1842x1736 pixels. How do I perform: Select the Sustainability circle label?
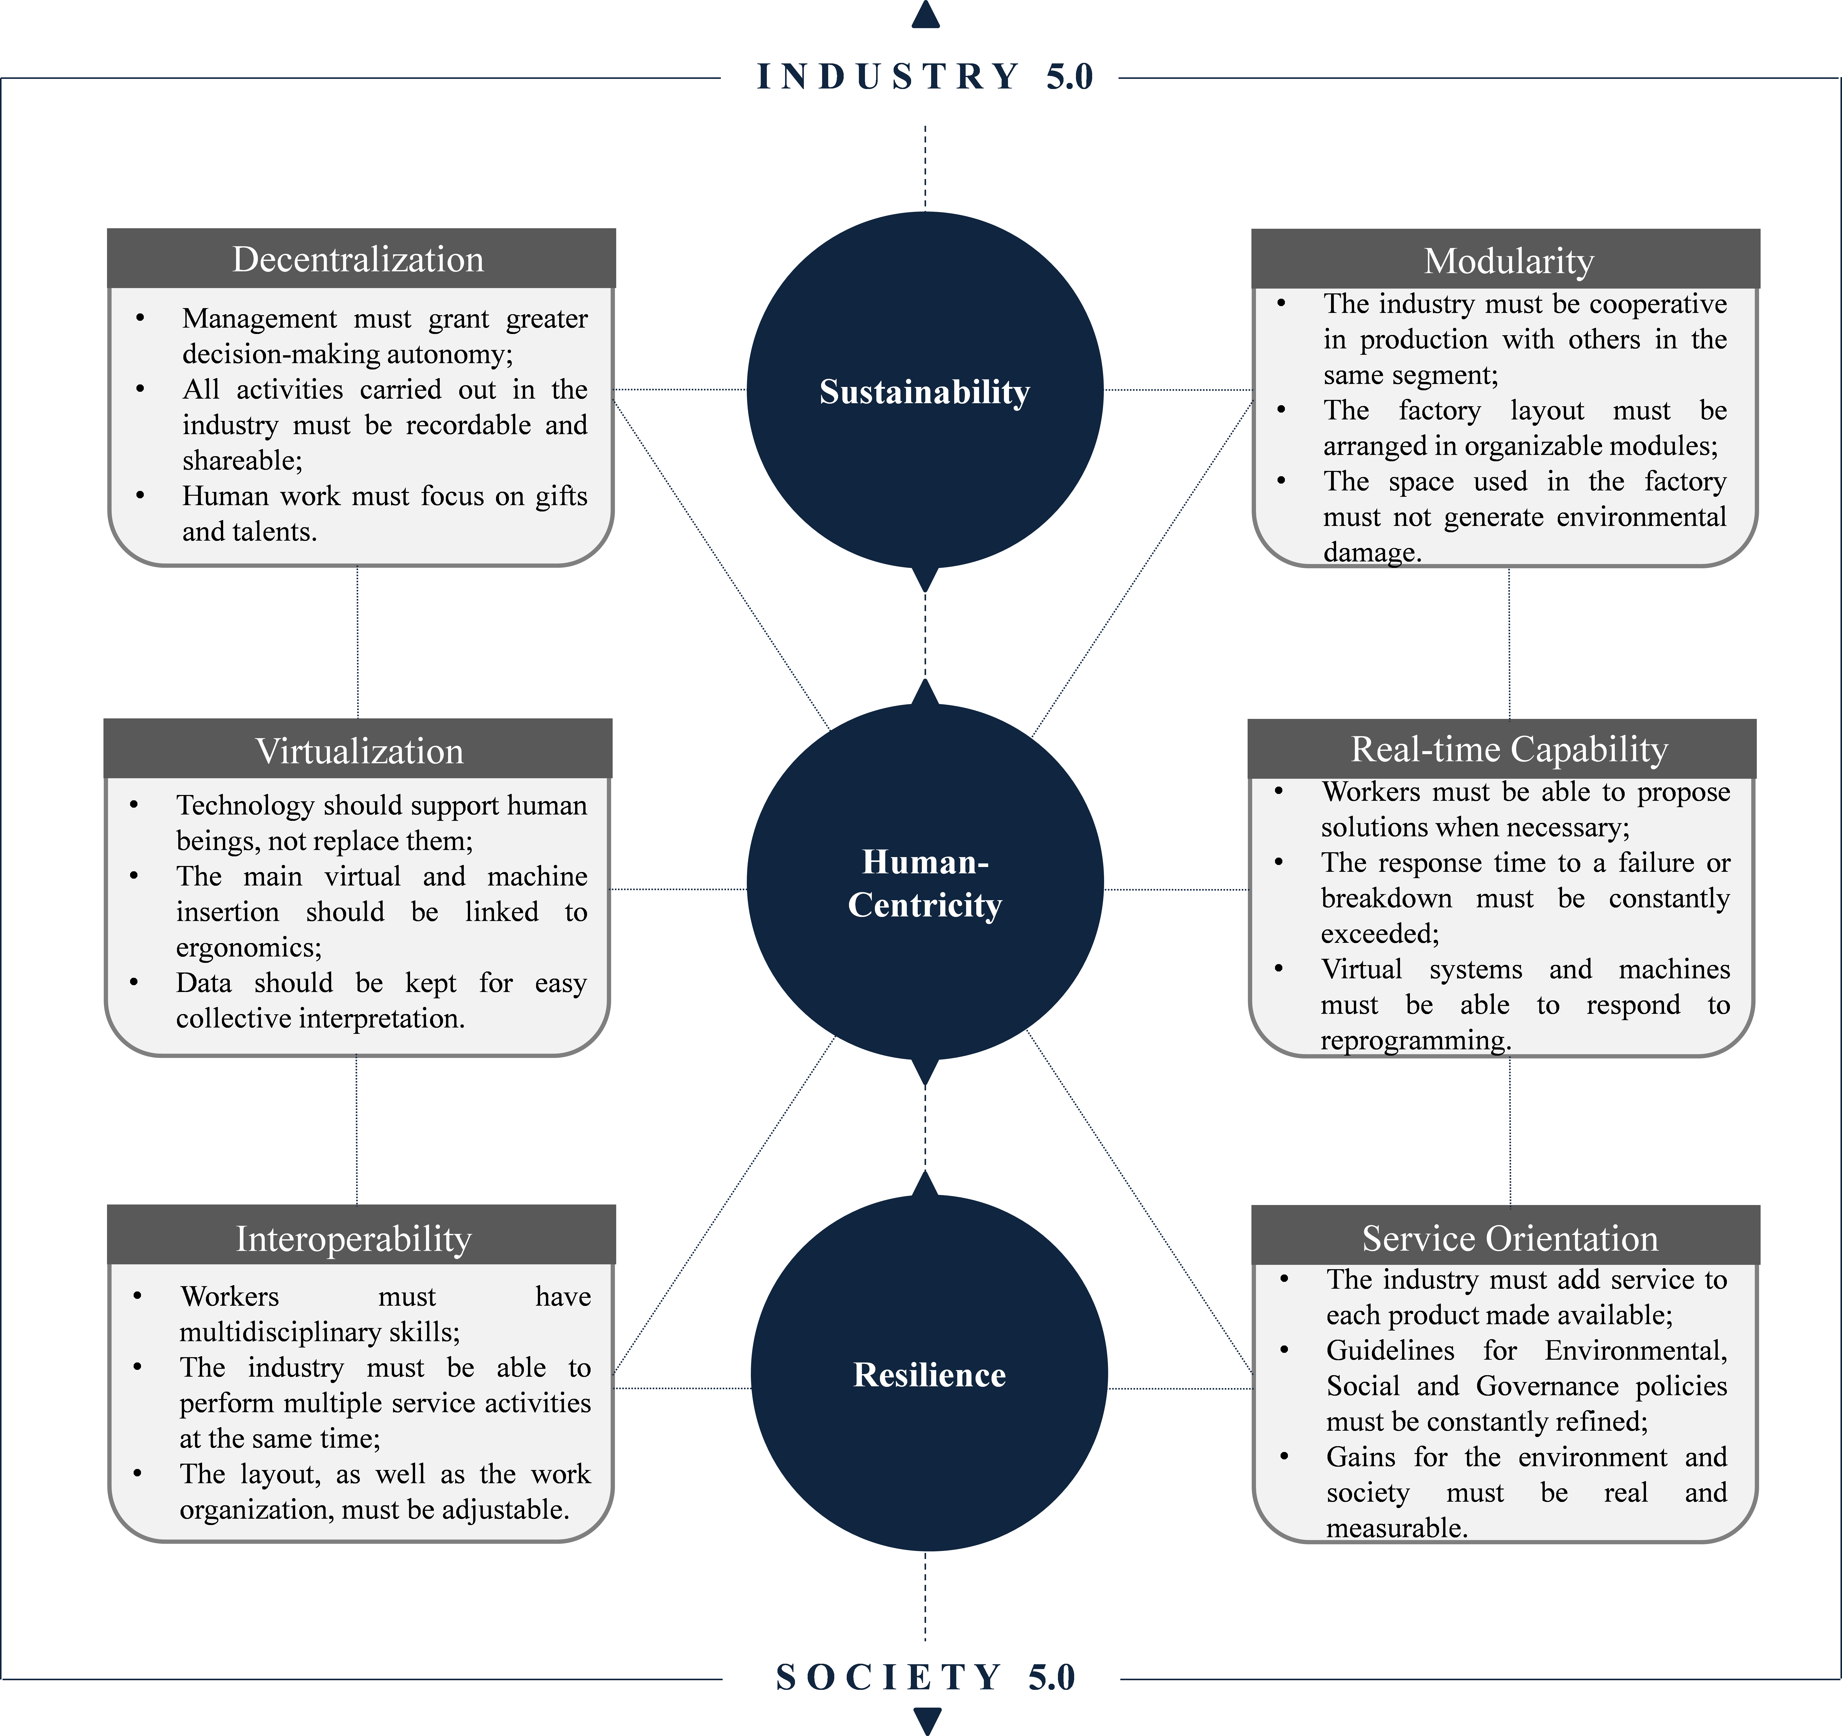click(925, 392)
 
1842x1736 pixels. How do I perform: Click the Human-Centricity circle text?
click(925, 883)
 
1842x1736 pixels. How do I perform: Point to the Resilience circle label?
click(929, 1375)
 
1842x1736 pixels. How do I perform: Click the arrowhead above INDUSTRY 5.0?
click(926, 14)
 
